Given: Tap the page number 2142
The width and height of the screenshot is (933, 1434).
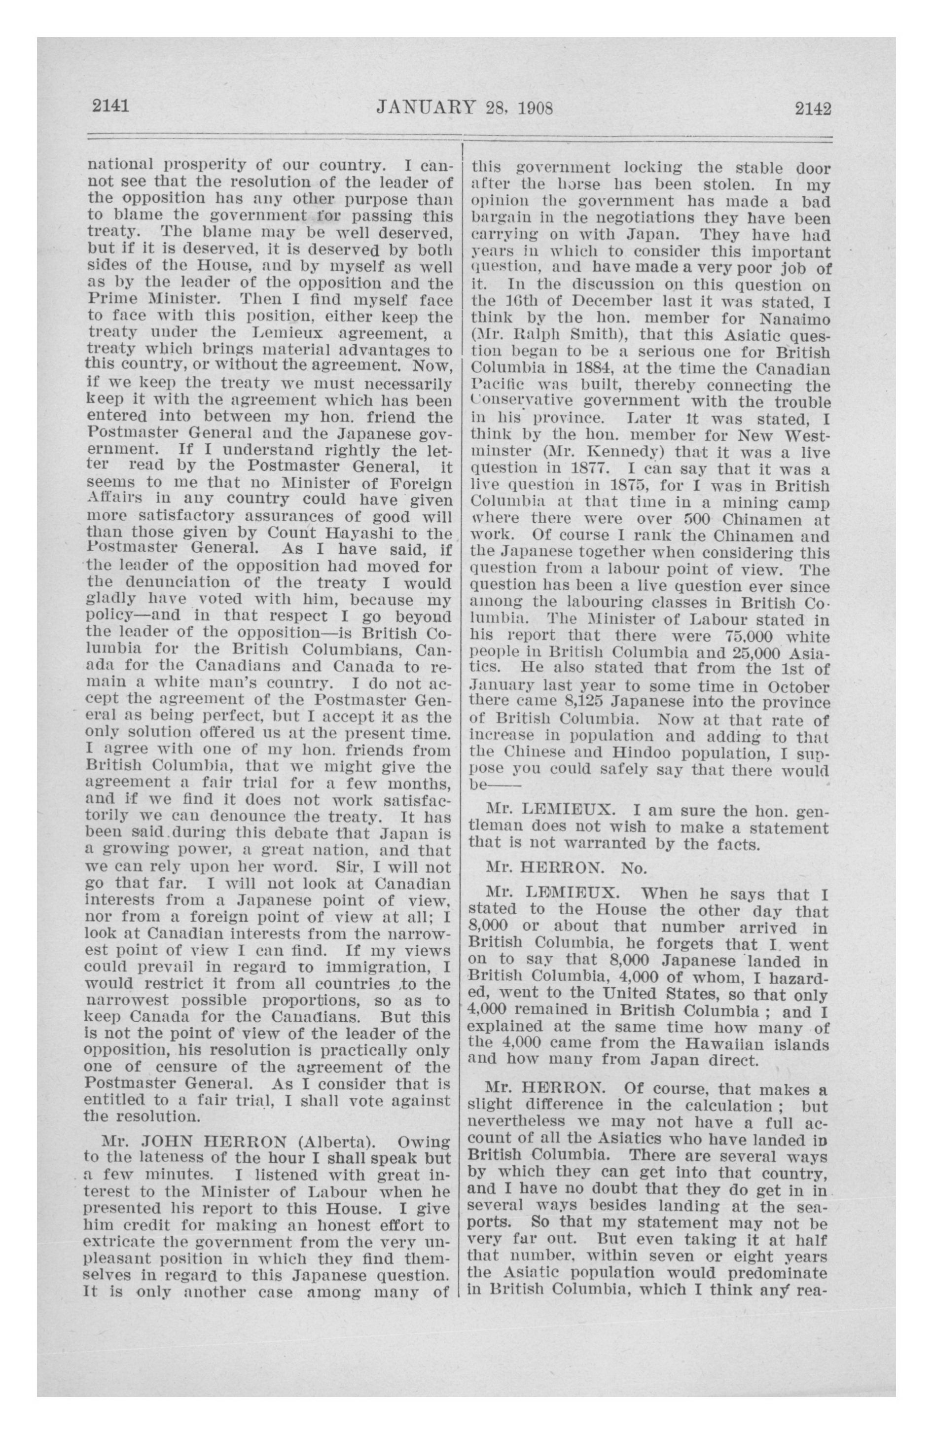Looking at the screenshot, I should (x=813, y=108).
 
